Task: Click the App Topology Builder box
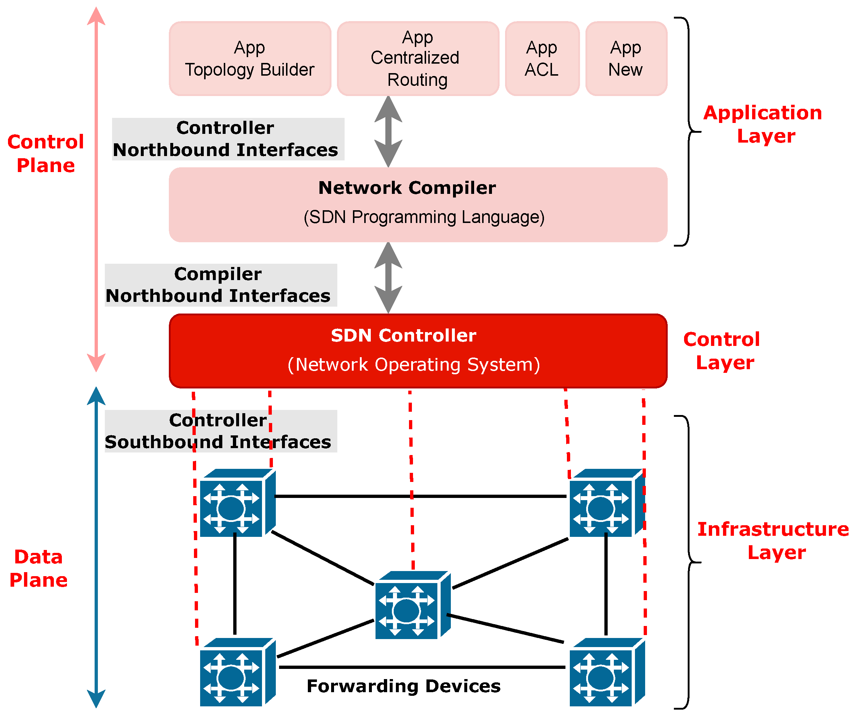pyautogui.click(x=250, y=59)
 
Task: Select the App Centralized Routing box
pyautogui.click(x=418, y=59)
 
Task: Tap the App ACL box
pyautogui.click(x=542, y=59)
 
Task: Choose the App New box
pyautogui.click(x=626, y=59)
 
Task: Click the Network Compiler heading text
pyautogui.click(x=407, y=188)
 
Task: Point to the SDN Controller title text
pyautogui.click(x=403, y=336)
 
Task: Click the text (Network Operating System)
pyautogui.click(x=414, y=365)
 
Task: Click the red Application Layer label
pyautogui.click(x=763, y=124)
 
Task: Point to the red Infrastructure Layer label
pyautogui.click(x=772, y=541)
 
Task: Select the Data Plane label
pyautogui.click(x=39, y=568)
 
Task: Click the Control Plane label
pyautogui.click(x=45, y=153)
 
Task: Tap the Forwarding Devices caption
pyautogui.click(x=403, y=686)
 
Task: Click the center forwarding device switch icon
pyautogui.click(x=412, y=605)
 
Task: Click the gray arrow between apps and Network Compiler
pyautogui.click(x=388, y=131)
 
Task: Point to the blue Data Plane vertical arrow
pyautogui.click(x=96, y=547)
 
